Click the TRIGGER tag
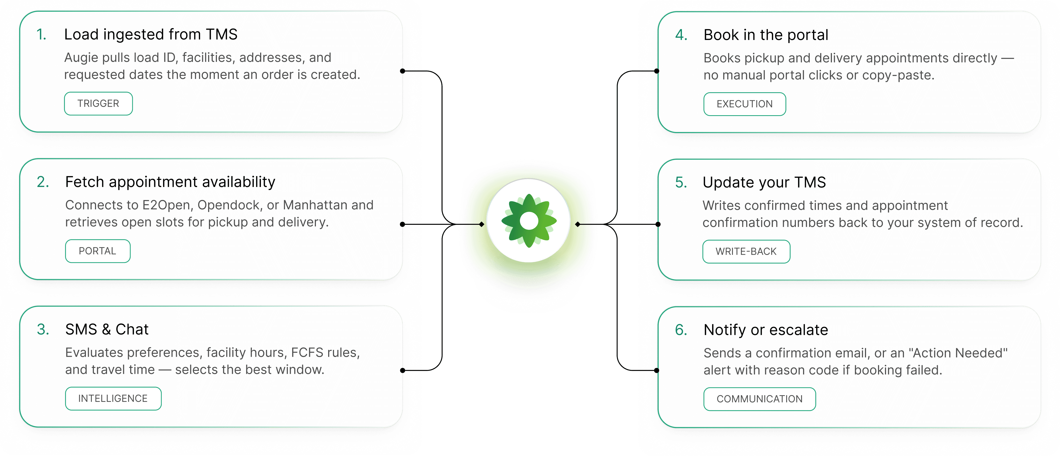pyautogui.click(x=98, y=104)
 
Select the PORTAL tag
pyautogui.click(x=98, y=251)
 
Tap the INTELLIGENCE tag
pyautogui.click(x=113, y=398)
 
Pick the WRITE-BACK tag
pyautogui.click(x=746, y=251)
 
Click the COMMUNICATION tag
pyautogui.click(x=759, y=399)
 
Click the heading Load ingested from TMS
pyautogui.click(x=150, y=35)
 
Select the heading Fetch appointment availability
pyautogui.click(x=170, y=182)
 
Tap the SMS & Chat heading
pyautogui.click(x=106, y=329)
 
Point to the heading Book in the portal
pyautogui.click(x=765, y=35)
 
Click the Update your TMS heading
pyautogui.click(x=764, y=182)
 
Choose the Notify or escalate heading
pyautogui.click(x=765, y=330)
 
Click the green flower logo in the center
pyautogui.click(x=529, y=221)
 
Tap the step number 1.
pyautogui.click(x=41, y=35)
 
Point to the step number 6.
pyautogui.click(x=681, y=330)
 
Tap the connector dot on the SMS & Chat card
pyautogui.click(x=402, y=370)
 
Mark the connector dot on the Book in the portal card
pyautogui.click(x=657, y=71)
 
